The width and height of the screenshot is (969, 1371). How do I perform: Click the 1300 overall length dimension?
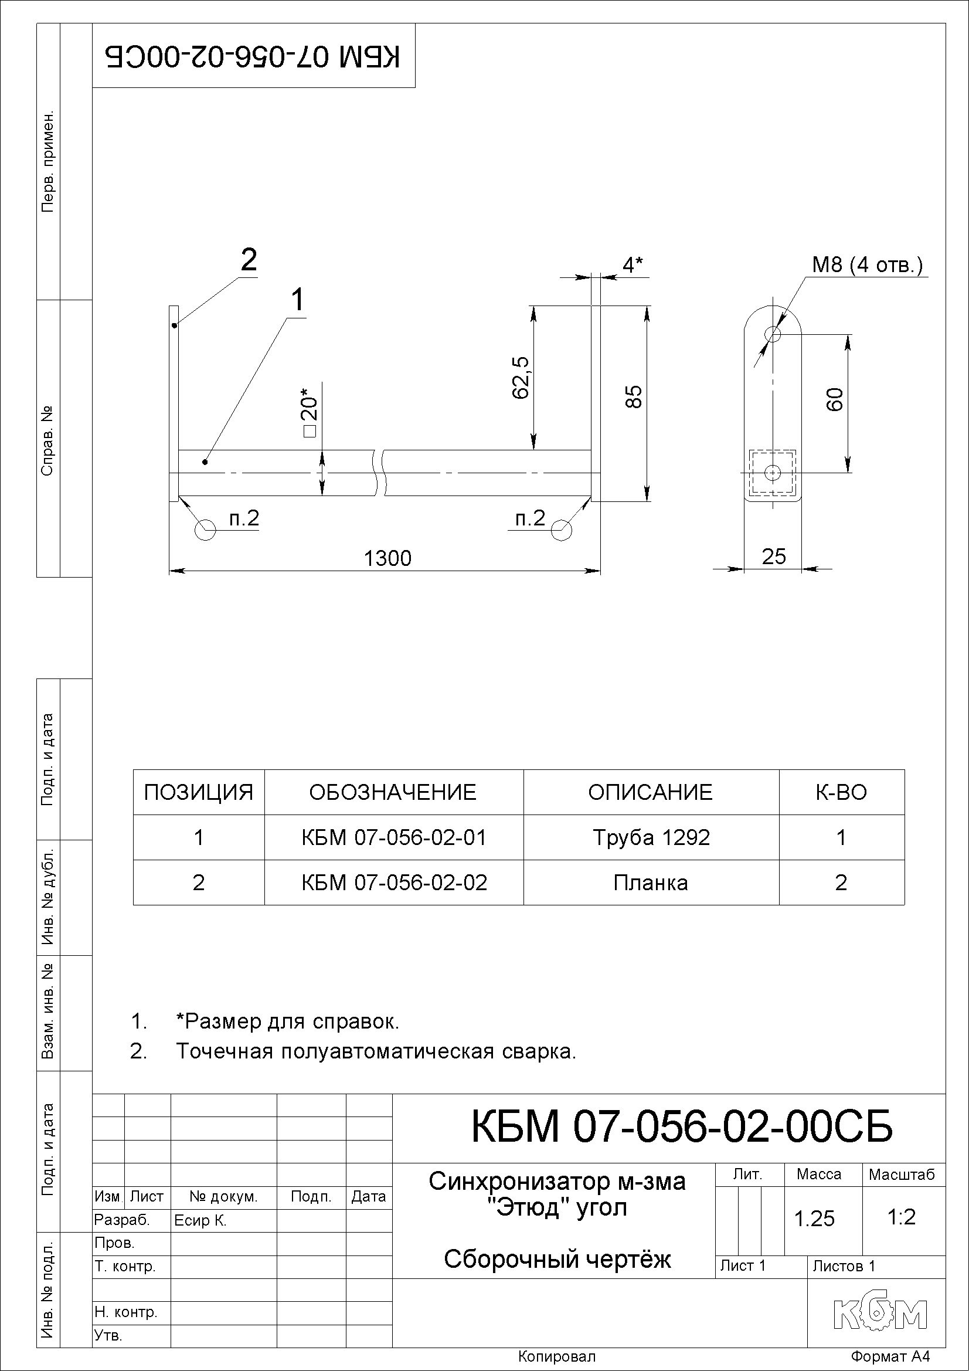pos(387,558)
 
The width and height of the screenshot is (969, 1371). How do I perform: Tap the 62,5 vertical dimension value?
pos(520,378)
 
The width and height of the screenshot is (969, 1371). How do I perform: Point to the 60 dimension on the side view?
pos(835,399)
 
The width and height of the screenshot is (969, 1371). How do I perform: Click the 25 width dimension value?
pos(774,556)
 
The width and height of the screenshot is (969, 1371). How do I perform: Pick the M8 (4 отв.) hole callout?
pos(867,264)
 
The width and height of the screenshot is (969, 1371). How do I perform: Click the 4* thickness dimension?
pos(633,264)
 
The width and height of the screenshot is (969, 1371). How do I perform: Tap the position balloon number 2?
pos(249,260)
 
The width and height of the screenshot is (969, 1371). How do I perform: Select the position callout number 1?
pos(297,300)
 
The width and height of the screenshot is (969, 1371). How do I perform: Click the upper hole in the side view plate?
pos(773,334)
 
